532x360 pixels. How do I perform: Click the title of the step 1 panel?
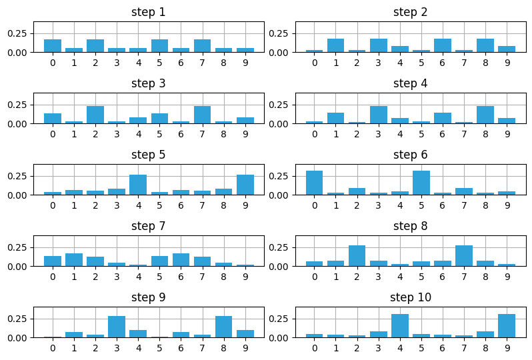149,12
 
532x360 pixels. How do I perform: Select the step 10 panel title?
411,297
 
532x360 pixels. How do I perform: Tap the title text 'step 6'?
411,155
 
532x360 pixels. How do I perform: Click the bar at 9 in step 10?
507,326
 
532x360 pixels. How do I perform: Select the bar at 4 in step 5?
138,185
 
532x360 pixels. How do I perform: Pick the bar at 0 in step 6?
315,183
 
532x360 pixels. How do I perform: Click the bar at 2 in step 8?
357,256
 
